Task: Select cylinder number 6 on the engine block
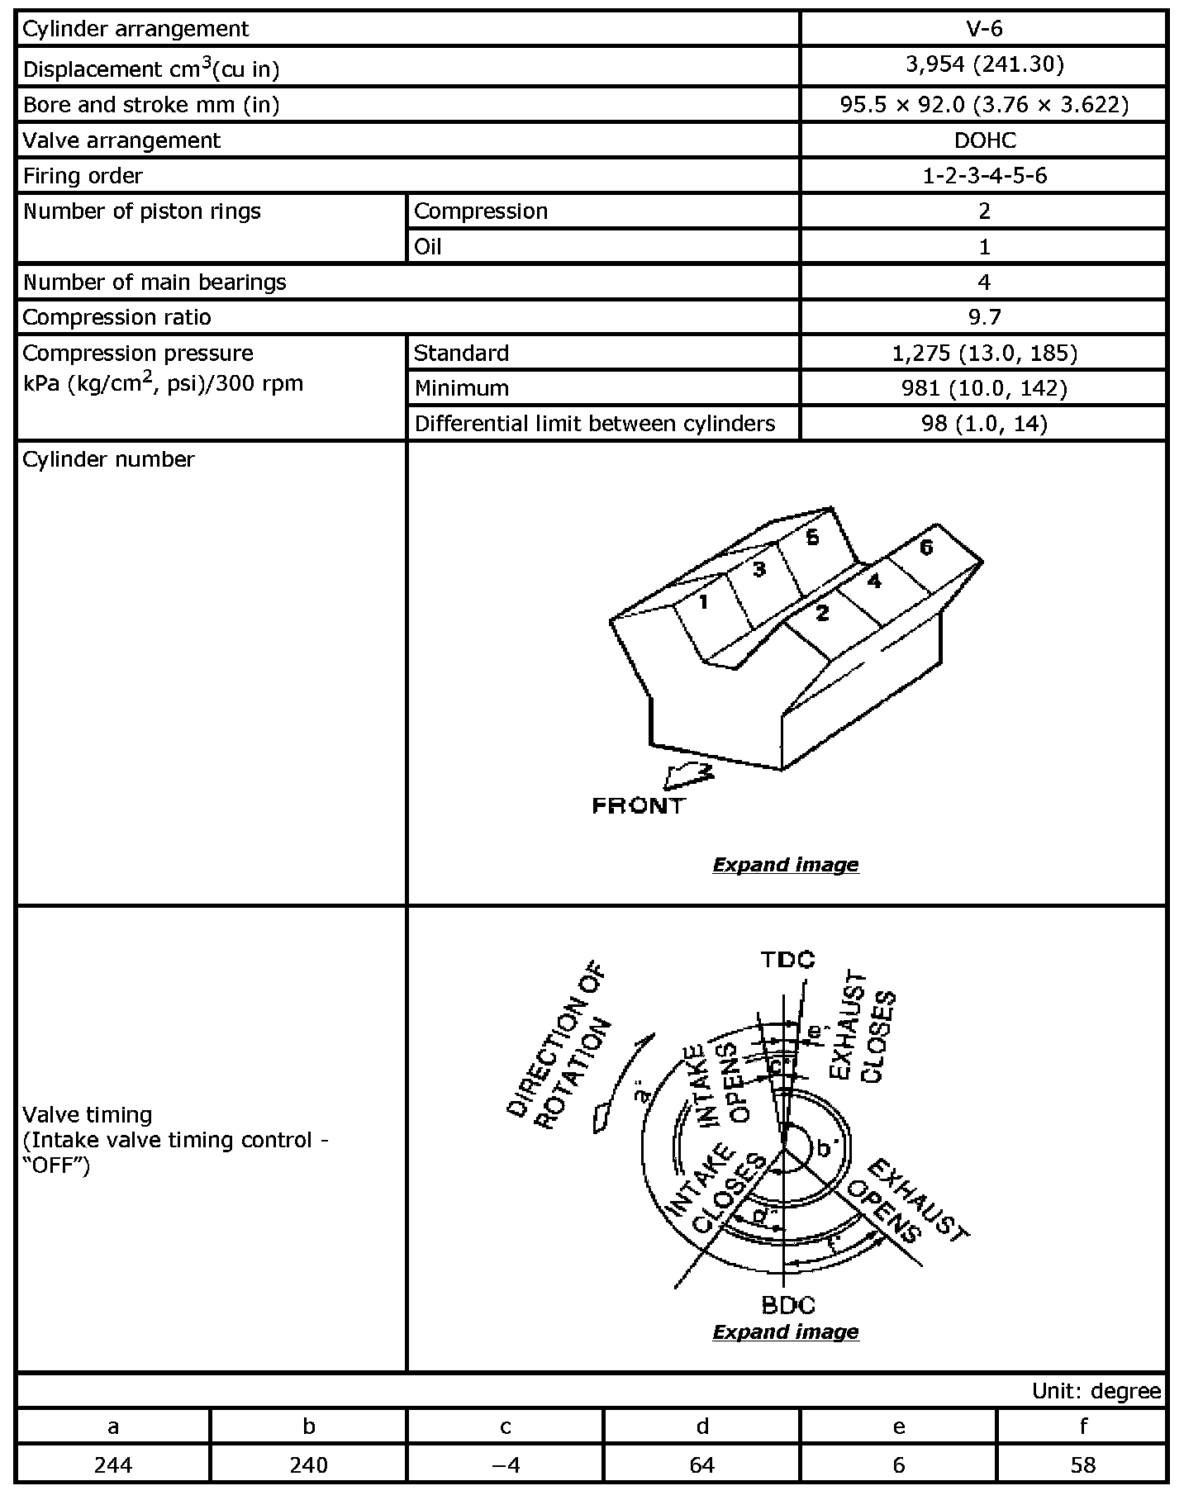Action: [x=926, y=548]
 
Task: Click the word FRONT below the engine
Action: [x=639, y=805]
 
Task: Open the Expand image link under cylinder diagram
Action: [x=785, y=865]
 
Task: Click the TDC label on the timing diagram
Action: [x=787, y=959]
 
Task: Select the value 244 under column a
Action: [x=113, y=1464]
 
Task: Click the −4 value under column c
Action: [x=505, y=1464]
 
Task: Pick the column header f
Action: [x=1082, y=1426]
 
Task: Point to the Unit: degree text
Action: [x=1096, y=1391]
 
